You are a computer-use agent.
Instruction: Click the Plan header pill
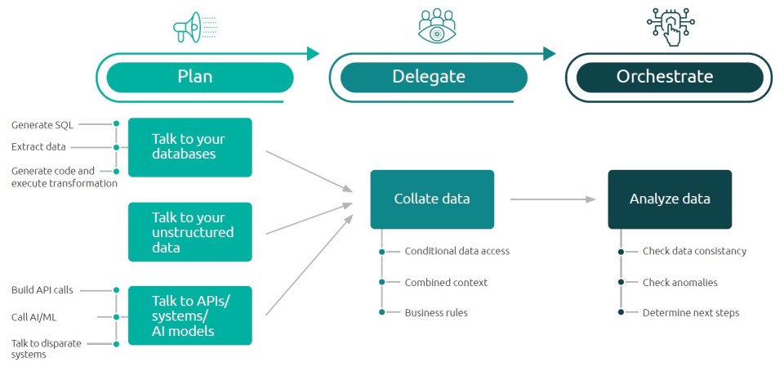click(x=195, y=77)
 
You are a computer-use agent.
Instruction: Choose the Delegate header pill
click(x=429, y=77)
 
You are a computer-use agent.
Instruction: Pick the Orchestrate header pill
click(x=665, y=77)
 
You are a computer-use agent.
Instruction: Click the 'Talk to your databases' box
click(x=190, y=147)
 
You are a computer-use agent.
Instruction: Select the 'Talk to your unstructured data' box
click(x=190, y=232)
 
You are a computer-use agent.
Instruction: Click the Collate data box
click(x=432, y=199)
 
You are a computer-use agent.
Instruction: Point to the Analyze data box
click(x=670, y=199)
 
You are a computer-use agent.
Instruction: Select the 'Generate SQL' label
click(x=42, y=125)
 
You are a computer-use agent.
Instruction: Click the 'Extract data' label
click(x=39, y=147)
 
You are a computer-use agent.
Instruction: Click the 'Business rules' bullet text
click(x=436, y=312)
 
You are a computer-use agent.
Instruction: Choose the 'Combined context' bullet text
click(x=446, y=282)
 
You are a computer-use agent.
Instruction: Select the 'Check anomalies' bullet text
click(x=680, y=282)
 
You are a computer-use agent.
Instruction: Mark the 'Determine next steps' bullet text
click(x=691, y=312)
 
